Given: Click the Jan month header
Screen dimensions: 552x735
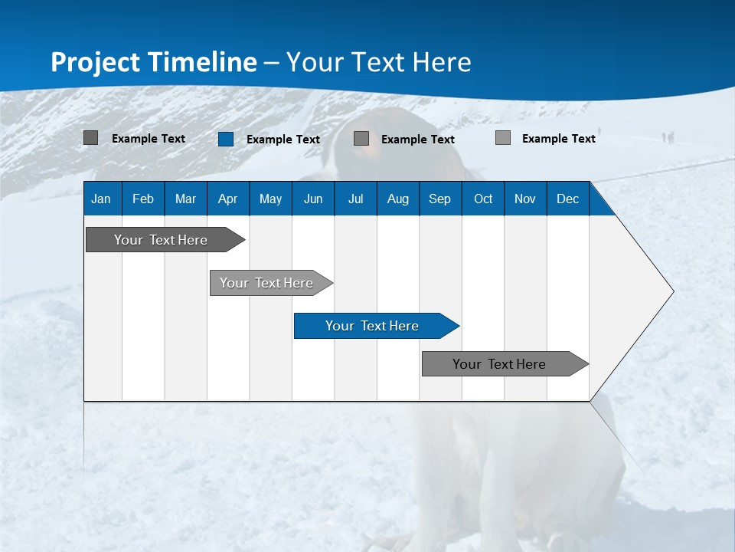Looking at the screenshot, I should click(101, 199).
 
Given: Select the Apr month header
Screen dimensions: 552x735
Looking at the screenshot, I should click(227, 199).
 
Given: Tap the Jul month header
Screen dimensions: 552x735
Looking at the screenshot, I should click(355, 199).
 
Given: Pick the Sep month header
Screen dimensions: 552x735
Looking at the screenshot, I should click(439, 199).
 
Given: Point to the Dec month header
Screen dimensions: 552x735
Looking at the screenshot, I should click(567, 199).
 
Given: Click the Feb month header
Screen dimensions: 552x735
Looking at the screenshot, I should click(143, 199).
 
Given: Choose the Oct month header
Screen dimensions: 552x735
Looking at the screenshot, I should click(483, 199).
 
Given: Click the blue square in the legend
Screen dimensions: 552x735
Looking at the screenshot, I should click(226, 139).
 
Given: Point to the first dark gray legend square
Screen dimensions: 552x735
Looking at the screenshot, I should click(91, 138).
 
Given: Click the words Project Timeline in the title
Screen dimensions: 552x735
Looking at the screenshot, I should click(153, 62).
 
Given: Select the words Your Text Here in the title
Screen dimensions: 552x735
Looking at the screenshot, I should click(379, 62).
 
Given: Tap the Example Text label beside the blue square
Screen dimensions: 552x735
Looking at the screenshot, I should click(283, 140).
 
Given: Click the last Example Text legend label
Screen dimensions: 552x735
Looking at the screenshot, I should click(559, 139).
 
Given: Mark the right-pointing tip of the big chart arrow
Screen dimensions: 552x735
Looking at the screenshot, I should click(671, 291).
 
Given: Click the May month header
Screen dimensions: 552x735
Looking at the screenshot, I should click(270, 199).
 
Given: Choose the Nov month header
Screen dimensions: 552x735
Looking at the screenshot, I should click(525, 199).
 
